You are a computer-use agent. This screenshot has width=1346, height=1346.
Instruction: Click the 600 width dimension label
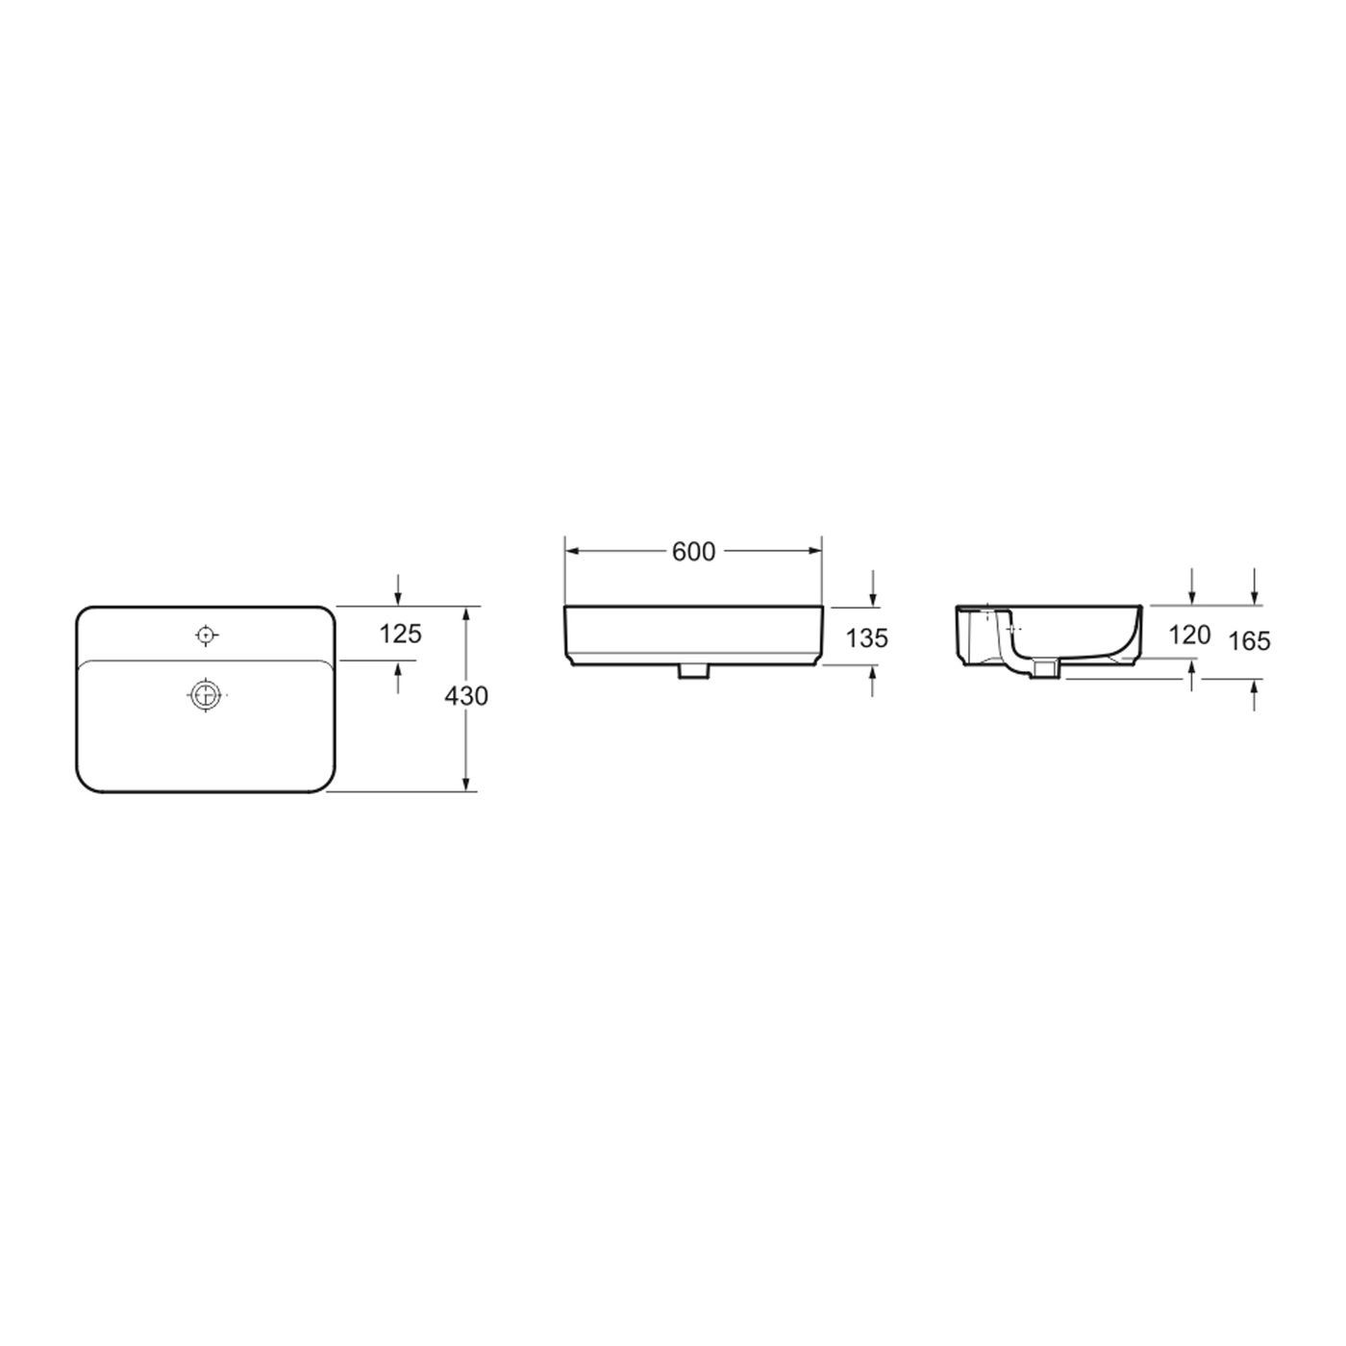click(x=693, y=551)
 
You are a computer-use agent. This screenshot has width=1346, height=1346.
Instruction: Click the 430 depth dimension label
click(x=466, y=695)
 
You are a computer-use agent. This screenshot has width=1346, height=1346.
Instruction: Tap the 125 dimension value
click(x=400, y=634)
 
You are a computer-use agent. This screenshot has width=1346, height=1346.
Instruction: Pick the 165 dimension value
click(x=1250, y=640)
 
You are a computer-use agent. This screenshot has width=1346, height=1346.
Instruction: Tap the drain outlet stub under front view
click(x=692, y=672)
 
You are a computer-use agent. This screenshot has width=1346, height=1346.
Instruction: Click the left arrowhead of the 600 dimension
click(x=569, y=551)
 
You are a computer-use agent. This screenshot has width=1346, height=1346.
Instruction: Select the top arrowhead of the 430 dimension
click(x=466, y=612)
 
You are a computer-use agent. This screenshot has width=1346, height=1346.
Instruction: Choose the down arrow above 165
click(x=1255, y=598)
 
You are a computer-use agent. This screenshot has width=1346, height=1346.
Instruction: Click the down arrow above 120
click(x=1192, y=598)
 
